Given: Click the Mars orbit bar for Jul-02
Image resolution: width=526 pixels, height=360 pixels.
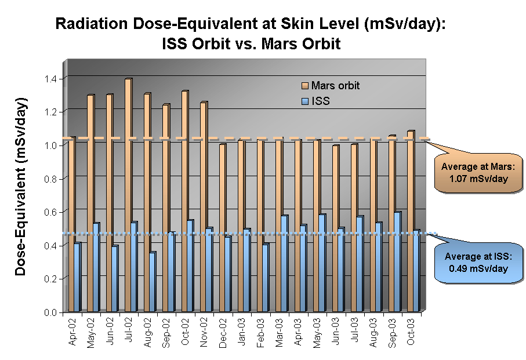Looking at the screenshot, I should (128, 197).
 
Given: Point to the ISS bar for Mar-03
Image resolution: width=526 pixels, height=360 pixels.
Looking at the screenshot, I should (284, 264).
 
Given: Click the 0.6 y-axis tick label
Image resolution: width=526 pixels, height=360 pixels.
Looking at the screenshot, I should (52, 212).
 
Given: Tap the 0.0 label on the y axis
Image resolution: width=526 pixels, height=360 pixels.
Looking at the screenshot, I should (52, 313).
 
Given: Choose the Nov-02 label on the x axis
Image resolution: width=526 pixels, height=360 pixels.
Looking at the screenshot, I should (204, 333).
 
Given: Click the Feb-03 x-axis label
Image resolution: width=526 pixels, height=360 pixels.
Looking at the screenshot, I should (260, 333).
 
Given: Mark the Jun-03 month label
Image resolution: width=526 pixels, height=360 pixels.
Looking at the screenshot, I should (335, 333).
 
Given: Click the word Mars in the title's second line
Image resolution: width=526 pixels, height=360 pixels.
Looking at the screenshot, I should (277, 43).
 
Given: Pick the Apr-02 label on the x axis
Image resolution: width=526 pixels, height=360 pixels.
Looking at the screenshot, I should (72, 333).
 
